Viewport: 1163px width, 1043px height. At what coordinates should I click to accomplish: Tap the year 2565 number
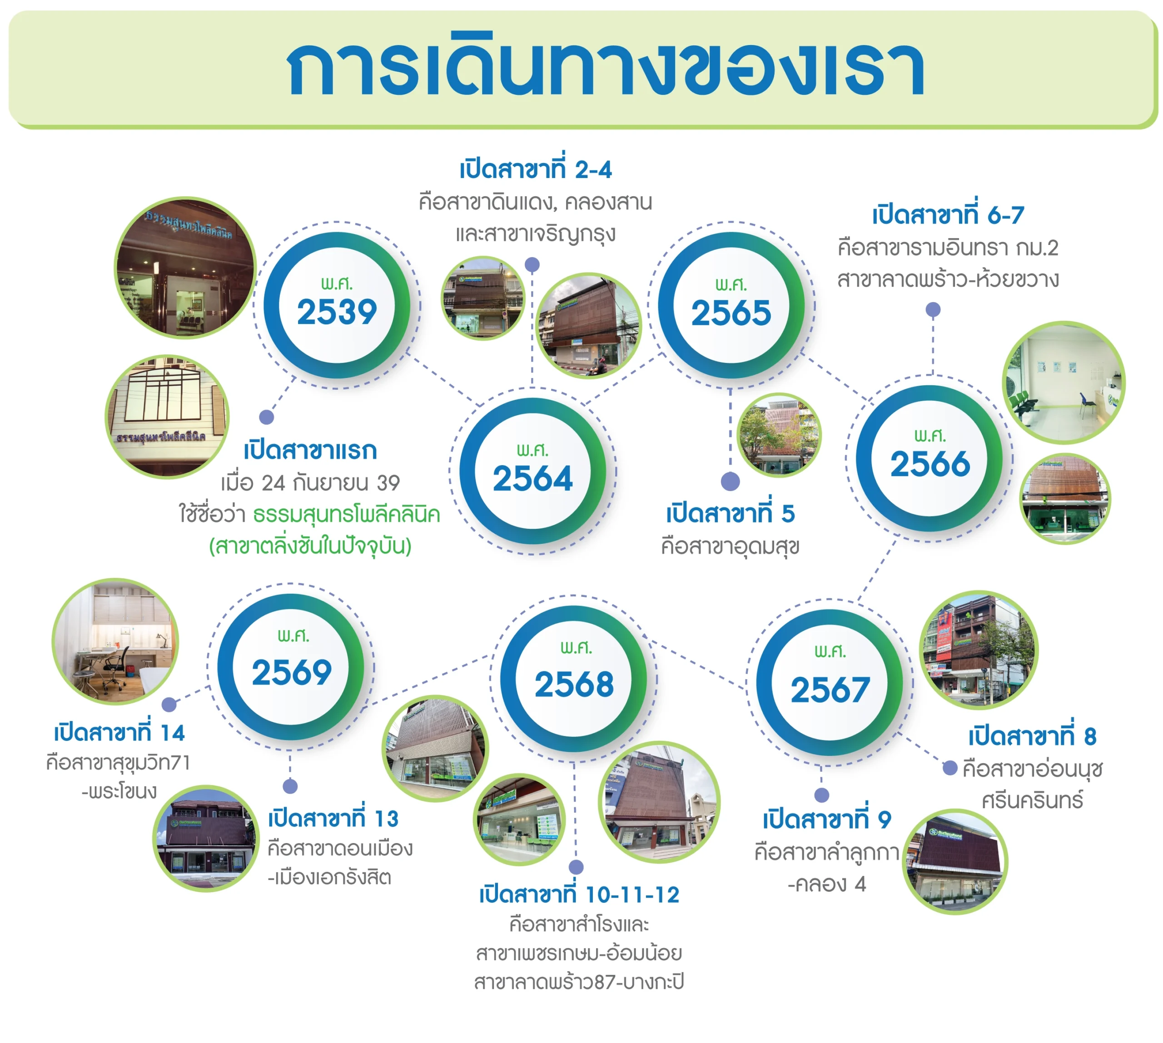[731, 313]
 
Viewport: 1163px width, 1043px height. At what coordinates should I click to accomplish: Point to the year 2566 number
[929, 464]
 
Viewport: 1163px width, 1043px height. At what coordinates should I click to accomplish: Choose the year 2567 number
[830, 690]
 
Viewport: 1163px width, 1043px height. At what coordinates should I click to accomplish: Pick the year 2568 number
[574, 685]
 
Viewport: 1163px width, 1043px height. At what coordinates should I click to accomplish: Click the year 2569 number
[292, 672]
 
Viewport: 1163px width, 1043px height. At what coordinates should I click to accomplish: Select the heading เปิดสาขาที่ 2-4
[535, 169]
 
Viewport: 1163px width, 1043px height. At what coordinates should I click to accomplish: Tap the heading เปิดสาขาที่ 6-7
[948, 215]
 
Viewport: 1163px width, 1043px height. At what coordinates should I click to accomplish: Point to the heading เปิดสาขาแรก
[310, 451]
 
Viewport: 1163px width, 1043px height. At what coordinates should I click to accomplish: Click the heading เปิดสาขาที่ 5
[730, 513]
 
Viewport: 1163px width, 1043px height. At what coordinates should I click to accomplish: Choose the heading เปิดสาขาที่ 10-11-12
[579, 894]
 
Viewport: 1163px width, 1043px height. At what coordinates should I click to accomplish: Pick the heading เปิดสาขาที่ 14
[119, 732]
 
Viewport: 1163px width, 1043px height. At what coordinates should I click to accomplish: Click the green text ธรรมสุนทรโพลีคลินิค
[346, 515]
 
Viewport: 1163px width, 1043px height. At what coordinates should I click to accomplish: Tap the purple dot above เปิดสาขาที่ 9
[821, 795]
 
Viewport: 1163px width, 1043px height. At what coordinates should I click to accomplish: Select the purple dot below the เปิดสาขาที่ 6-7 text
[933, 310]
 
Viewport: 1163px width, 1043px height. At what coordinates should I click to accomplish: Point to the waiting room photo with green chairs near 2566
[1063, 382]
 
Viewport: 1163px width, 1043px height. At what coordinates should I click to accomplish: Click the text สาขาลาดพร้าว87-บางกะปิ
[579, 982]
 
